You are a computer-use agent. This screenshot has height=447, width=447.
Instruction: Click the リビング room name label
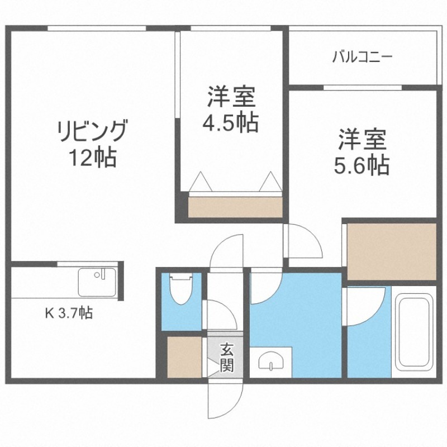[91, 132]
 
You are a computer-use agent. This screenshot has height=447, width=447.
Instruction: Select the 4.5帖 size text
[230, 122]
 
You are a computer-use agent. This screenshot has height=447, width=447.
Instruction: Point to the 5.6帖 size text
[362, 165]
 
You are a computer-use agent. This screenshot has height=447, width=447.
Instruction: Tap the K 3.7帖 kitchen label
[69, 313]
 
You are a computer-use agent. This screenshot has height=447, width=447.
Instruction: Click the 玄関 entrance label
[226, 358]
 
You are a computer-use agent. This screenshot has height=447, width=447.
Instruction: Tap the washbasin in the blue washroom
[271, 362]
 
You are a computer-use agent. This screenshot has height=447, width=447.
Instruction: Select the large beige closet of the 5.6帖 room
[391, 250]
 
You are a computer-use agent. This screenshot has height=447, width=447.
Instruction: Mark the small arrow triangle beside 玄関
[212, 365]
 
